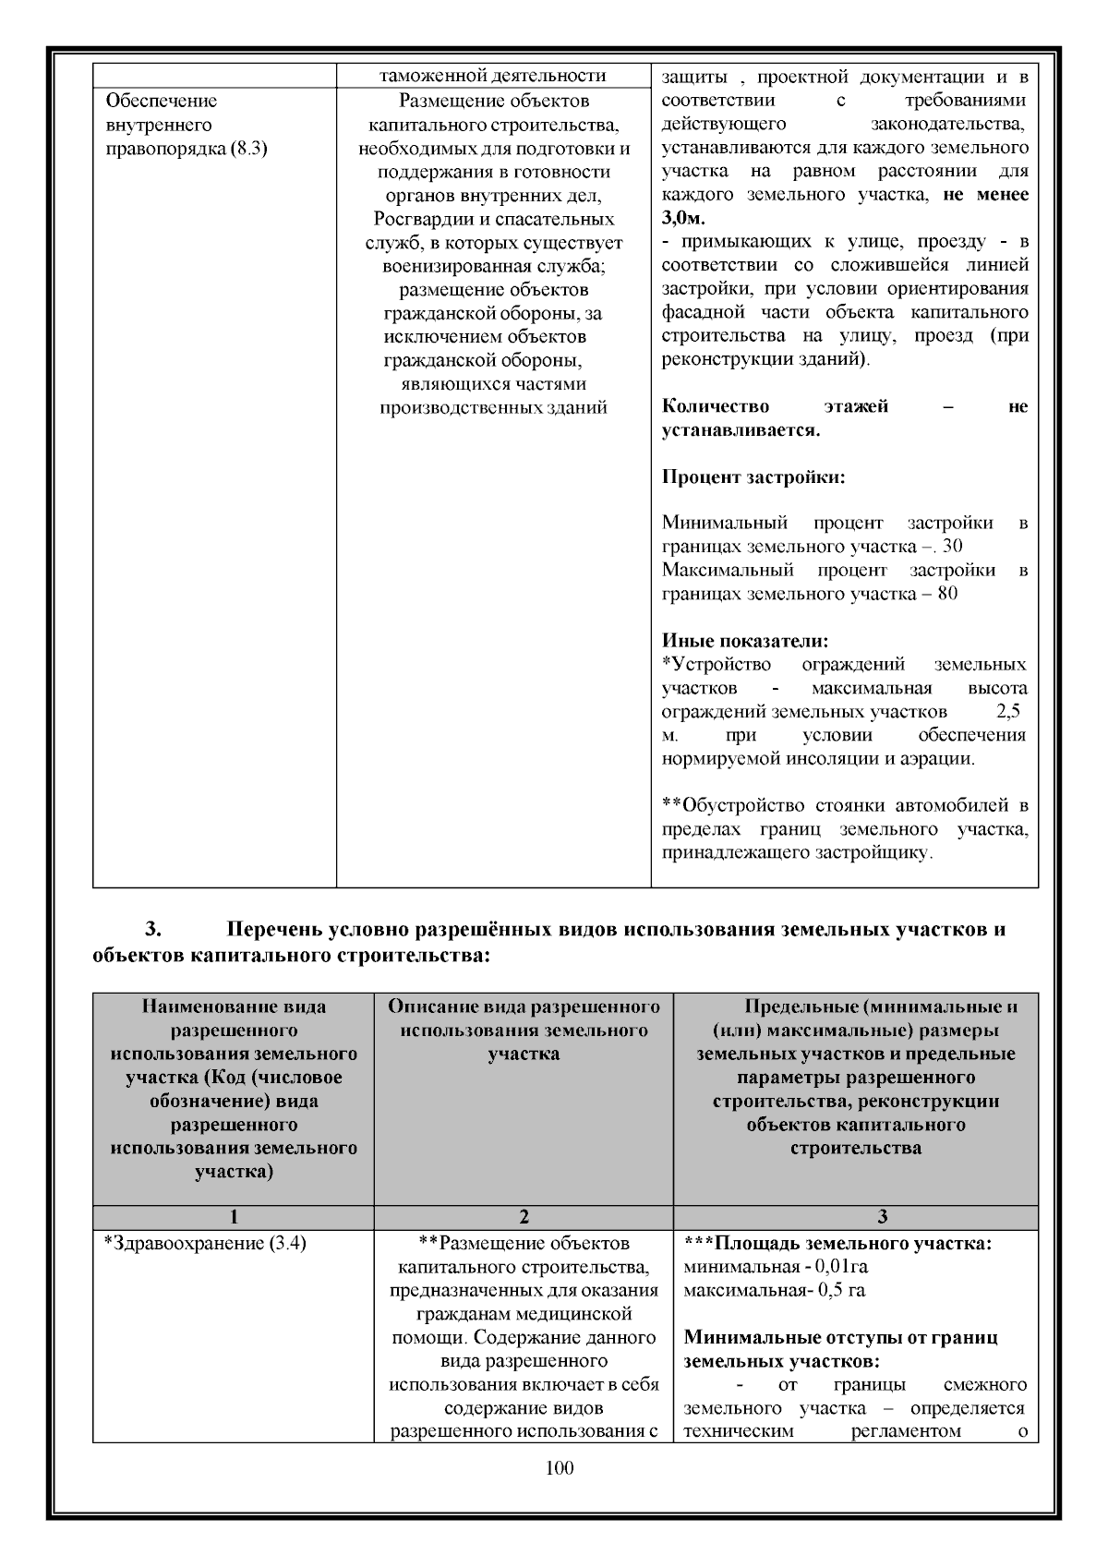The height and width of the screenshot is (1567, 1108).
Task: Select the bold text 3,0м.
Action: pos(683,219)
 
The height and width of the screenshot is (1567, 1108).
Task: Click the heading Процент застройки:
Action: pos(753,477)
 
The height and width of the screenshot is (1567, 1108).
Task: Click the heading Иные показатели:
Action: pos(745,640)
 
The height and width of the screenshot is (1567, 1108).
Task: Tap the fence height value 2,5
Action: pos(1008,712)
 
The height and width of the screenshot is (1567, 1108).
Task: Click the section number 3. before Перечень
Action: pos(154,930)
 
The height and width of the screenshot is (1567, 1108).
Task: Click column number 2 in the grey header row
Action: pos(524,1217)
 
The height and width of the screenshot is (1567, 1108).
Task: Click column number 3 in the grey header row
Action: pos(855,1217)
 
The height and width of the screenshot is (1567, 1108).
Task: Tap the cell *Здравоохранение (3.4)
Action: pos(204,1243)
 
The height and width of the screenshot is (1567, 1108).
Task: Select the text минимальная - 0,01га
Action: pos(775,1266)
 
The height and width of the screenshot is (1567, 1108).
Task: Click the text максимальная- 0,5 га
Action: pos(774,1290)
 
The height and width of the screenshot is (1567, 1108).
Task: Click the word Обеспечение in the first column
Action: pos(162,101)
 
